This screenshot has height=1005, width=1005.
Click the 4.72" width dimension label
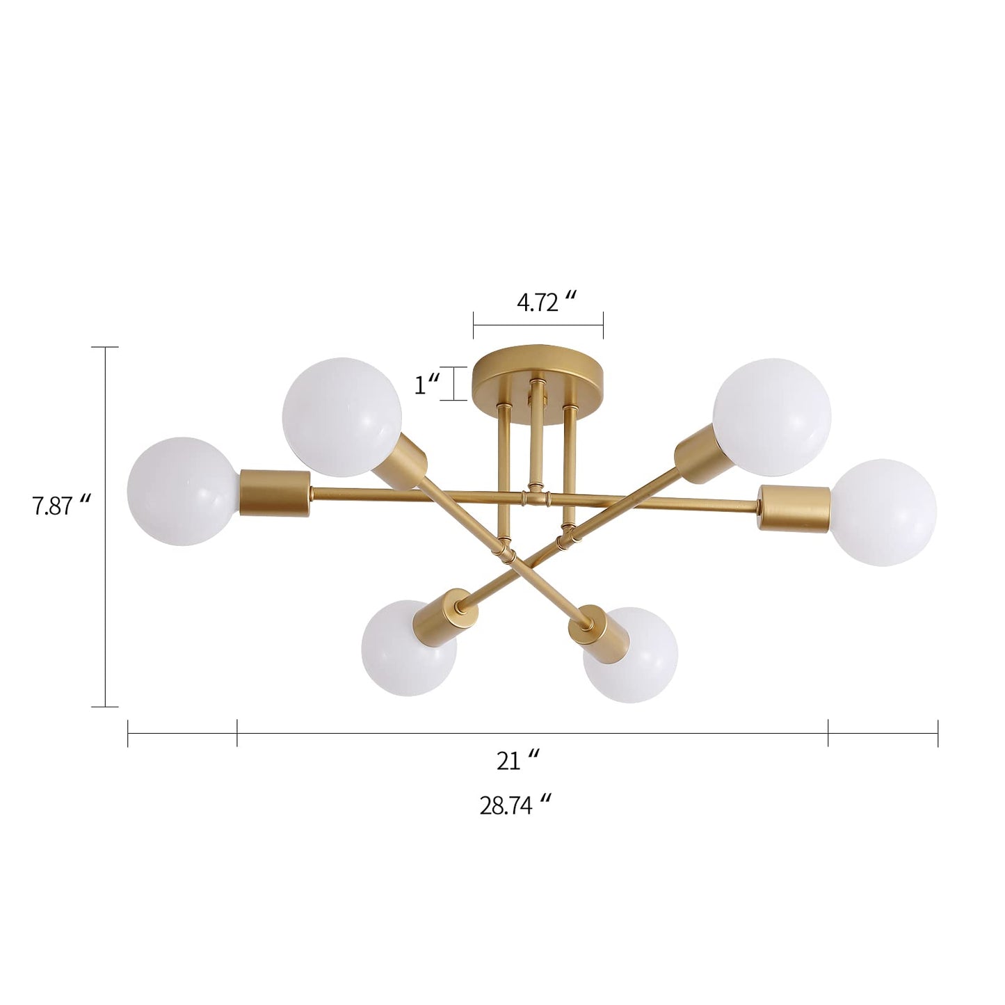pos(547,303)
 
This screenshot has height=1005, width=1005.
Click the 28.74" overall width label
pos(515,805)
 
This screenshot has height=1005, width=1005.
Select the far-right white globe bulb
pos(883,512)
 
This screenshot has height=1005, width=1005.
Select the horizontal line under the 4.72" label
pos(538,323)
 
